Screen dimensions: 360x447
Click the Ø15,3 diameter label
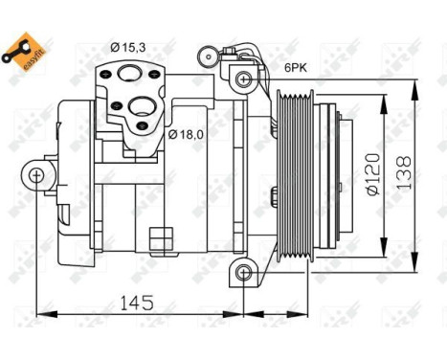pyautogui.click(x=127, y=47)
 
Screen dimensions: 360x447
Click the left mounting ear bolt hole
pyautogui.click(x=36, y=175)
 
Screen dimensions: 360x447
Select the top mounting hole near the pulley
pyautogui.click(x=245, y=77)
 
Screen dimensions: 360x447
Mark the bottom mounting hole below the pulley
pyautogui.click(x=244, y=274)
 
